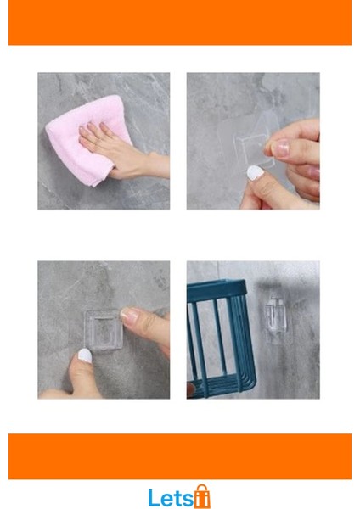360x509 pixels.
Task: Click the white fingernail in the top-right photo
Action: [x=252, y=172]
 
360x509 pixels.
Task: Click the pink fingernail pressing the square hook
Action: [x=128, y=315]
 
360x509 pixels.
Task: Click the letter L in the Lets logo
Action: [x=154, y=497]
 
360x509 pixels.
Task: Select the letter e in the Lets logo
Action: [x=166, y=499]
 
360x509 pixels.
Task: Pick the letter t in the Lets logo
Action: [x=177, y=498]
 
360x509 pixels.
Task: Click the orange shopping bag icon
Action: [x=201, y=496]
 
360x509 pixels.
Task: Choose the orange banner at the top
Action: [x=180, y=23]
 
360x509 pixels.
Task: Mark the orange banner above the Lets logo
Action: [x=180, y=456]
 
